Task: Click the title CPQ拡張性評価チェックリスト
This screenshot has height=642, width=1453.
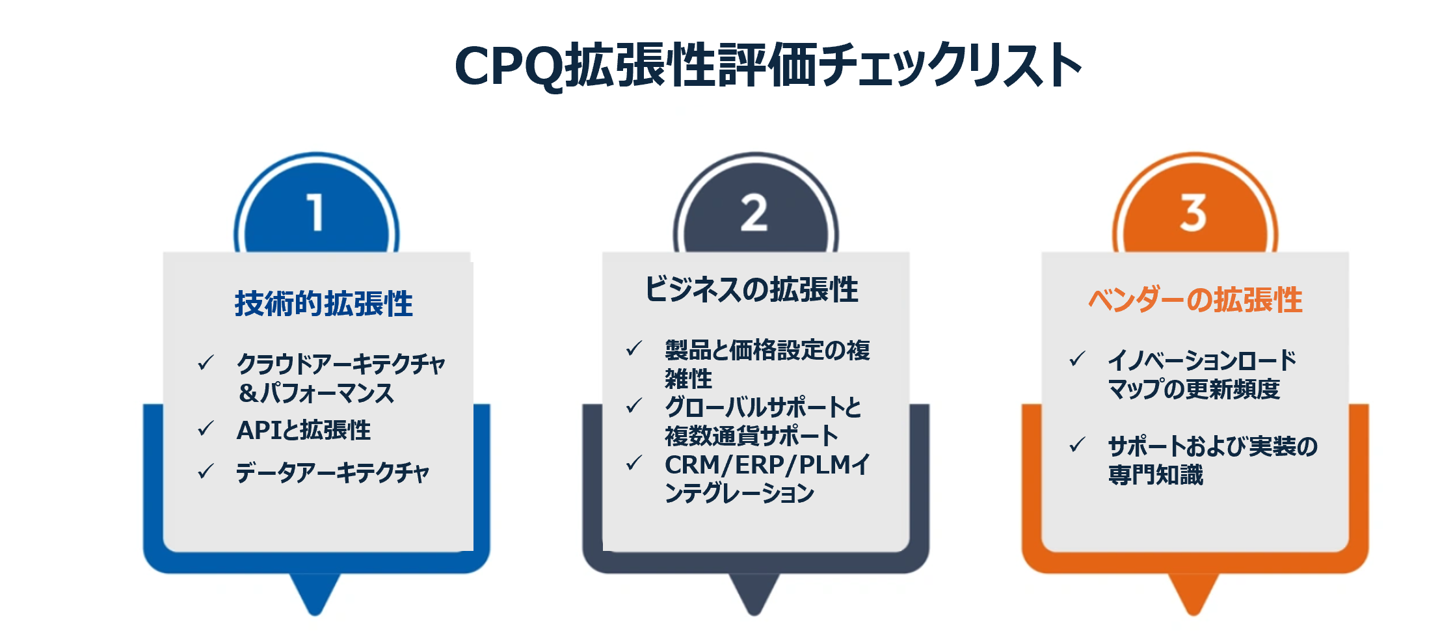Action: point(767,65)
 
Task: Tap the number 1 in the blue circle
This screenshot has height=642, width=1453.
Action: point(315,212)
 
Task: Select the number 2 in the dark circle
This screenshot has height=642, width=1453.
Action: point(754,212)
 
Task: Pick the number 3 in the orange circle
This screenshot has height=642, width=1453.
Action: point(1193,212)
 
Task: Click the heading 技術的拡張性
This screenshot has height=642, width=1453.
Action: point(323,303)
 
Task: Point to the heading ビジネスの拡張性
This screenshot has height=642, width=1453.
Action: point(751,289)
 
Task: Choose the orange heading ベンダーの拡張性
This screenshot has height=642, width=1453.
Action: point(1195,300)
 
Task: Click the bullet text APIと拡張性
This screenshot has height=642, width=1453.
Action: point(303,430)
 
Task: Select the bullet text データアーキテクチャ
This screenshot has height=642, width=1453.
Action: point(332,472)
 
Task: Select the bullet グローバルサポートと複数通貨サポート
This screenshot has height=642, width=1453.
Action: point(762,421)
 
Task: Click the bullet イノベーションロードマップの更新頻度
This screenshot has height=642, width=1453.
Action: point(1201,374)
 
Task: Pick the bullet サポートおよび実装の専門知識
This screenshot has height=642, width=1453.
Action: point(1212,460)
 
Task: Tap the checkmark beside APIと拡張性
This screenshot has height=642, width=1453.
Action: point(206,429)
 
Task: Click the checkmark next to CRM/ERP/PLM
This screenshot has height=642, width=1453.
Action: point(634,463)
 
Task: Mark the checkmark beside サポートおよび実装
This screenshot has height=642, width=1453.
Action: point(1077,445)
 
